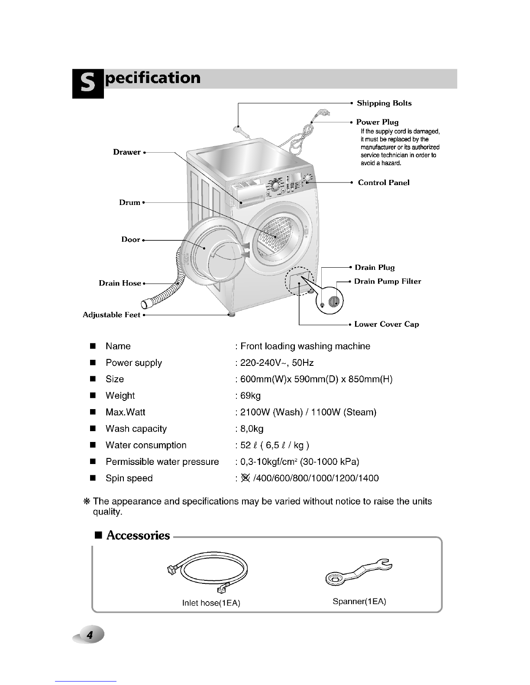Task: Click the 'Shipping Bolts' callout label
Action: (x=384, y=103)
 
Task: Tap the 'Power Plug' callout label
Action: (x=377, y=122)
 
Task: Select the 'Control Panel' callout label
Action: (x=384, y=182)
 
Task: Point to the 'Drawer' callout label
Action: (x=127, y=152)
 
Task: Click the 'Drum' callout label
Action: (x=130, y=202)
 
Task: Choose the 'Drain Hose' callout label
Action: (x=120, y=283)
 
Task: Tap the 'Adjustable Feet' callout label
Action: (x=112, y=315)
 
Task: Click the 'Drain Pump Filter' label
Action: (x=388, y=282)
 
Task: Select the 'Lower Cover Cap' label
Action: (x=387, y=324)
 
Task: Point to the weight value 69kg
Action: (x=251, y=396)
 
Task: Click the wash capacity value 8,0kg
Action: (x=252, y=429)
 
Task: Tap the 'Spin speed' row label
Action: (x=129, y=478)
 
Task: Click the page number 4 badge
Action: (x=90, y=635)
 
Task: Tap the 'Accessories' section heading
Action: (x=138, y=536)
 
